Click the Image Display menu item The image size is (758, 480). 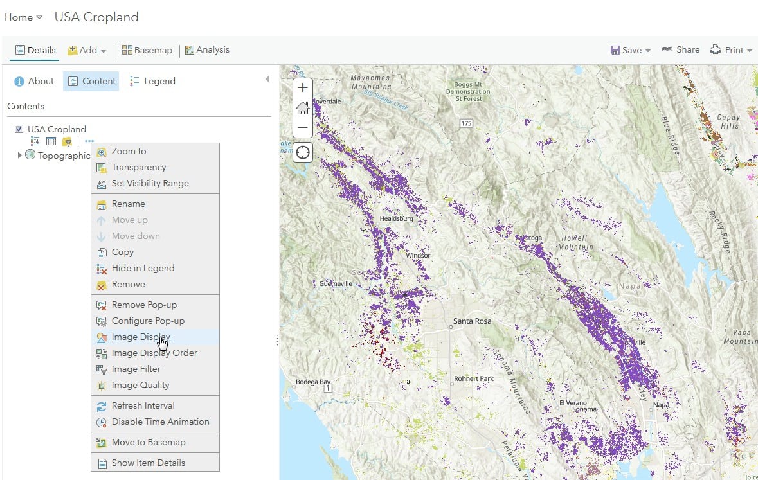[141, 337]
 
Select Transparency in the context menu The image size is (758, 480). [138, 167]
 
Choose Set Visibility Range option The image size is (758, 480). [150, 183]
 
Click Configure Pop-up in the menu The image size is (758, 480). [148, 321]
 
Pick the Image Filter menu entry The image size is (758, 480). [136, 369]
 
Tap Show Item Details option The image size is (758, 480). [148, 463]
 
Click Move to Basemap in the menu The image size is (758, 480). [148, 442]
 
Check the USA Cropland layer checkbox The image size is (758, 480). [19, 129]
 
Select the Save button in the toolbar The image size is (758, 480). [631, 50]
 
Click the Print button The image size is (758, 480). [731, 50]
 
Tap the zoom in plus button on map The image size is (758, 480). [303, 87]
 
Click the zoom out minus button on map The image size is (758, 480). [303, 128]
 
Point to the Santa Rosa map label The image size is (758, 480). [473, 320]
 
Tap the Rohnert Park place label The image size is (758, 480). [474, 378]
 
